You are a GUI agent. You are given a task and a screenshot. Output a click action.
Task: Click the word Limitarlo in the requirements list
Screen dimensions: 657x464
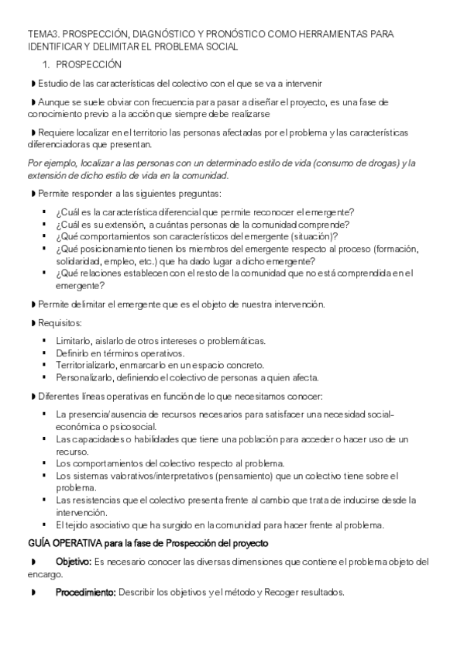tap(75, 341)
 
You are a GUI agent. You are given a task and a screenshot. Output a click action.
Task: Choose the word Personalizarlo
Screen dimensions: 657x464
tap(86, 378)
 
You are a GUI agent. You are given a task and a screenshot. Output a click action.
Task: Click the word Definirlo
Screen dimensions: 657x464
tap(74, 353)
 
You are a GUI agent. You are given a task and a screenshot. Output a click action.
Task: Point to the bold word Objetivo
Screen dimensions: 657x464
tap(74, 561)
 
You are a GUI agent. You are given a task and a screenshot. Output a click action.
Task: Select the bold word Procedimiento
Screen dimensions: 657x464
tap(85, 593)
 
